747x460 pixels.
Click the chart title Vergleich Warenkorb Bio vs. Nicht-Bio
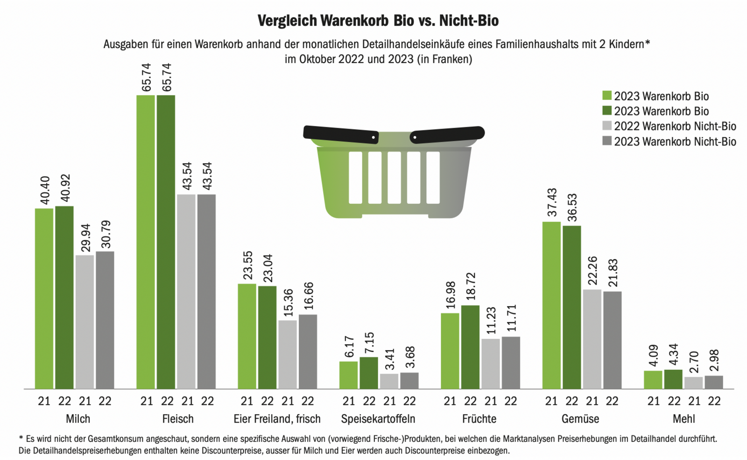378,21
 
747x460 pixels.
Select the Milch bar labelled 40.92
64,297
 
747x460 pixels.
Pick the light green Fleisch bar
146,242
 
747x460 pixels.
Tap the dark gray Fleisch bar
206,291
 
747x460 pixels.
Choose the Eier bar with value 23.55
247,336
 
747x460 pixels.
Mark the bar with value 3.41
389,381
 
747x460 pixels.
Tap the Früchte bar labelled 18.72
470,347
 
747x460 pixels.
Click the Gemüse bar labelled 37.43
551,305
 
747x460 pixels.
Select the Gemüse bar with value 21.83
612,340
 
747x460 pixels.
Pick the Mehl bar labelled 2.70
693,382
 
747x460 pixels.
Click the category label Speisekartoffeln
378,419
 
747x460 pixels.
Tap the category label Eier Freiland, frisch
277,419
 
